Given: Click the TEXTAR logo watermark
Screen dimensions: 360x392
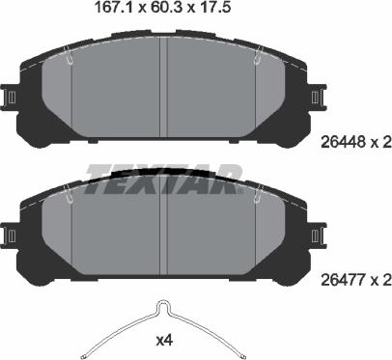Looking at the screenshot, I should [164, 175].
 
